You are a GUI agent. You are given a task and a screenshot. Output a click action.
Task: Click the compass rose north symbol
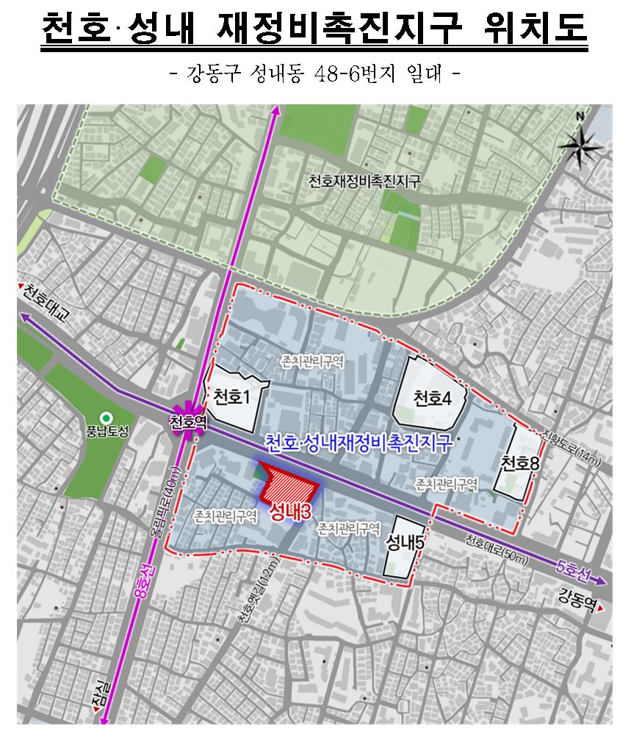580,145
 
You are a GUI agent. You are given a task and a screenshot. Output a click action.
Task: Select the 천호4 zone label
431,399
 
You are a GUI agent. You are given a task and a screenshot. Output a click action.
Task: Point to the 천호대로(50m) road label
496,550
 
